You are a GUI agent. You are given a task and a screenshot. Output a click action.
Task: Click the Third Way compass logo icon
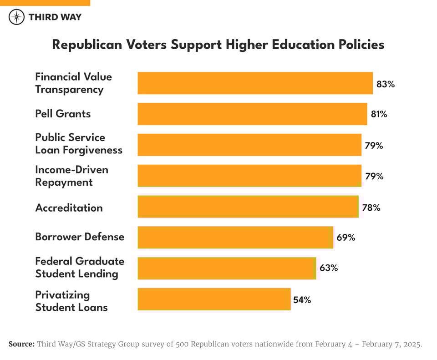pyautogui.click(x=17, y=17)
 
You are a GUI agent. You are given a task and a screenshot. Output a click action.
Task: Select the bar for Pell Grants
pyautogui.click(x=252, y=114)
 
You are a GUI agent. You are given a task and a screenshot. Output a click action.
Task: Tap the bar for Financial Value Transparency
pyautogui.click(x=255, y=83)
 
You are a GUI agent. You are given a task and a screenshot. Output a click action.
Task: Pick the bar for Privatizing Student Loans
pyautogui.click(x=214, y=299)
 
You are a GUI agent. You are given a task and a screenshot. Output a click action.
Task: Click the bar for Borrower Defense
pyautogui.click(x=235, y=237)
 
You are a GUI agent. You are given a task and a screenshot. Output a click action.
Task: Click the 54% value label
pyautogui.click(x=302, y=300)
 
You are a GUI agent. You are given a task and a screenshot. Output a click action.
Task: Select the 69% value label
pyautogui.click(x=346, y=237)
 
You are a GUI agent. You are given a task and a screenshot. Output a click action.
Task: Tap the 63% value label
pyautogui.click(x=328, y=268)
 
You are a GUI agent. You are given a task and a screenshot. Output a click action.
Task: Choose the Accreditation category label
pyautogui.click(x=69, y=208)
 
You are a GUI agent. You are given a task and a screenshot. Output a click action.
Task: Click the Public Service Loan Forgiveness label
pyautogui.click(x=79, y=144)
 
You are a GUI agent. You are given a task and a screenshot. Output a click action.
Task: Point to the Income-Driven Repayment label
pyautogui.click(x=72, y=176)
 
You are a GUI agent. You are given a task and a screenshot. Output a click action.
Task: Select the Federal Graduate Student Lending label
pyautogui.click(x=80, y=268)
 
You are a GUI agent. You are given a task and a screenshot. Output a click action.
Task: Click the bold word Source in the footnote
pyautogui.click(x=21, y=344)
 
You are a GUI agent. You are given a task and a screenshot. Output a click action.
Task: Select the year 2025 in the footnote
pyautogui.click(x=412, y=344)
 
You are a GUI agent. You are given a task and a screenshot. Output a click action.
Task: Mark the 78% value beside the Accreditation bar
pyautogui.click(x=371, y=208)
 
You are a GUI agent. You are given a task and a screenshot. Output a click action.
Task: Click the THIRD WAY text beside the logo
pyautogui.click(x=55, y=17)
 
